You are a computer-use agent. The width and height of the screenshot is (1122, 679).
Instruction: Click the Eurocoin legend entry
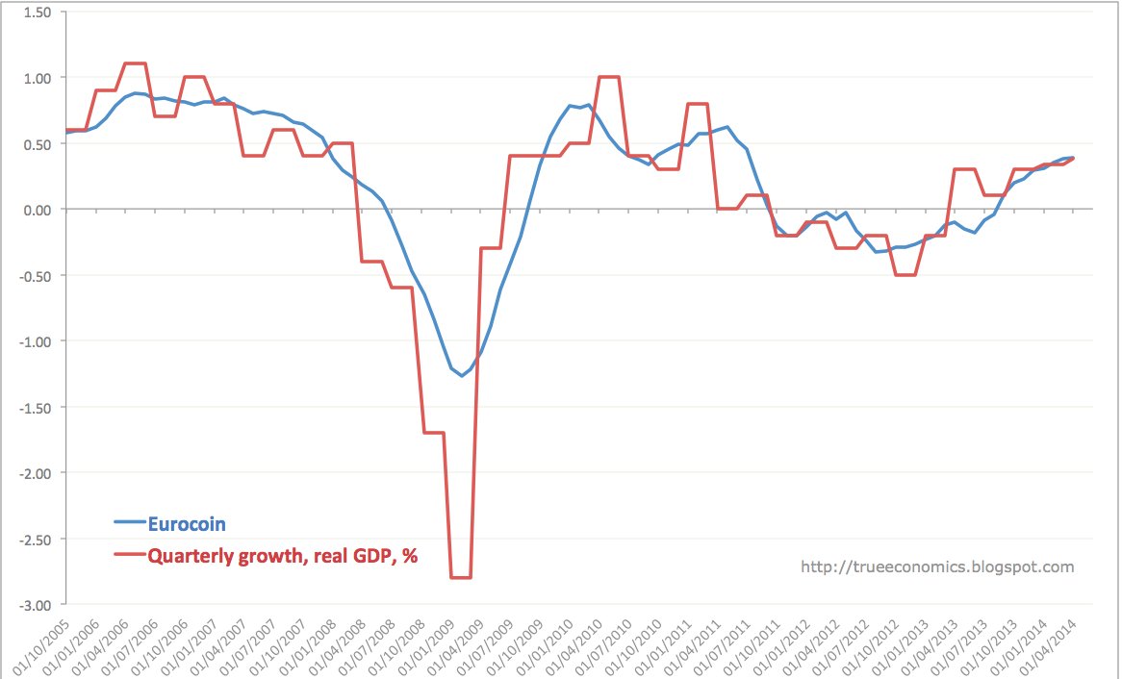coord(187,523)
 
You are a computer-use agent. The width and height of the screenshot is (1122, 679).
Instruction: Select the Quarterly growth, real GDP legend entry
coord(282,555)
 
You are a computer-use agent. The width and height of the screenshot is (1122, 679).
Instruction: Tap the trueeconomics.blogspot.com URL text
coord(937,566)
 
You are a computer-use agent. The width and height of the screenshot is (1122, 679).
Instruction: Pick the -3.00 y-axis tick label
coord(36,605)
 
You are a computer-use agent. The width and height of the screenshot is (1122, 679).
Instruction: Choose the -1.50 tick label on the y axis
coord(36,407)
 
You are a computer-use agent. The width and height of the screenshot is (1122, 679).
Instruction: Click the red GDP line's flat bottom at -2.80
coord(461,577)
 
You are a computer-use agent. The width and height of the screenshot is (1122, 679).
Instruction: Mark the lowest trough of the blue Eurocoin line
coord(461,375)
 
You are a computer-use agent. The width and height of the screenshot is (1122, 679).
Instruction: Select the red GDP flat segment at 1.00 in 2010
coord(608,77)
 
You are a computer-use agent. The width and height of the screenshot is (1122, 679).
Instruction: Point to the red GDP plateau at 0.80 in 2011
coord(698,104)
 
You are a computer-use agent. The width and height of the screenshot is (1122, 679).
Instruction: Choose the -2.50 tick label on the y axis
coord(36,539)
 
